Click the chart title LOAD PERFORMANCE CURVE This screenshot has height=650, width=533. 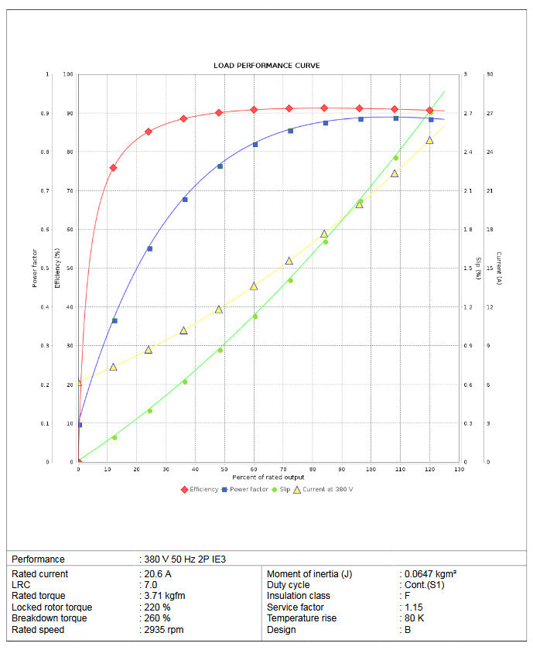coord(266,66)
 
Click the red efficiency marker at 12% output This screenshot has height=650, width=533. coord(114,168)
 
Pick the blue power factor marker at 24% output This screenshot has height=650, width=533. coord(149,248)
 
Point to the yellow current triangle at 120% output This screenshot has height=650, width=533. coord(429,140)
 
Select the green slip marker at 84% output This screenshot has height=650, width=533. coord(326,242)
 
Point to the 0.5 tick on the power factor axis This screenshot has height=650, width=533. coord(44,269)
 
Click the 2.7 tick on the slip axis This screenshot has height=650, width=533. coord(466,114)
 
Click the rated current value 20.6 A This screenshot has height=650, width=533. coord(159,574)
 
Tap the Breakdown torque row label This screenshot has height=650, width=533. coord(50,618)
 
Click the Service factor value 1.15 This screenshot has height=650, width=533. coord(415,607)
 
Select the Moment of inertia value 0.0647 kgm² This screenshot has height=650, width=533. coord(430,574)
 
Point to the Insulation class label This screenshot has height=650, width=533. coord(299,596)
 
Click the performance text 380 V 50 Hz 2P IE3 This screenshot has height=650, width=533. coord(185,559)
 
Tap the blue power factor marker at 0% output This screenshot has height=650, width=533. coord(79,425)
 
